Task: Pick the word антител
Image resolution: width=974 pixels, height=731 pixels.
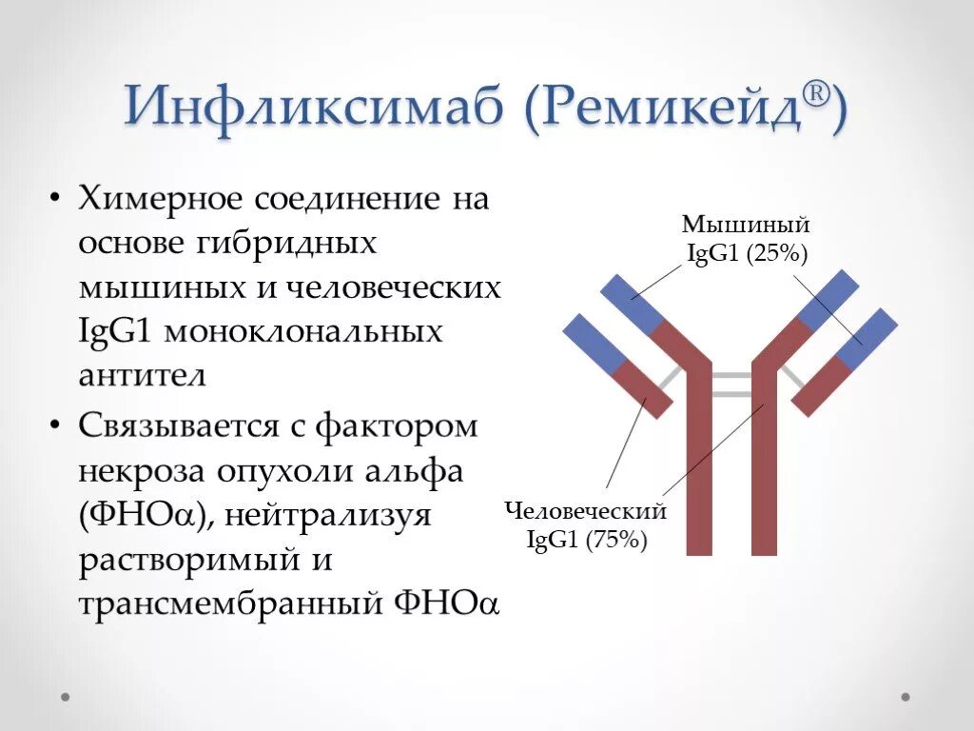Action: [142, 374]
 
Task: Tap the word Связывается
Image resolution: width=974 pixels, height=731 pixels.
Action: [178, 427]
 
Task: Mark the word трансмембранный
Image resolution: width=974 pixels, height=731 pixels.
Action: [227, 603]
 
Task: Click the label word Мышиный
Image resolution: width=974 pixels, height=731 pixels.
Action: [746, 226]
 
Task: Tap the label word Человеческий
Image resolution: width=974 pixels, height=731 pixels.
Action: [586, 511]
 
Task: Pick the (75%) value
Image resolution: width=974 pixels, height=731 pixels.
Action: [616, 540]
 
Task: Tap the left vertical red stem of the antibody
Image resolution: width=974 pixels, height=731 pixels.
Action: [699, 466]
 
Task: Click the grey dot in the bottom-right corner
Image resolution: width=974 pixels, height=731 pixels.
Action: [906, 697]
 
